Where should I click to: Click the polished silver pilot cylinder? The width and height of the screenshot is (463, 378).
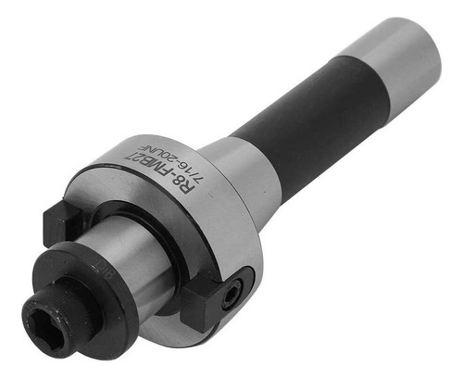[128, 257]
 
